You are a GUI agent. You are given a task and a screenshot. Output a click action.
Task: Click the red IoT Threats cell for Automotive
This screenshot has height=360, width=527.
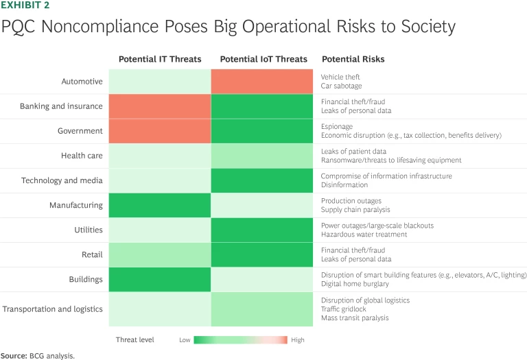[x=263, y=82]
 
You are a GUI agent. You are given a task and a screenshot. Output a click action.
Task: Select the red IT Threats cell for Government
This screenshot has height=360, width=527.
[x=160, y=131]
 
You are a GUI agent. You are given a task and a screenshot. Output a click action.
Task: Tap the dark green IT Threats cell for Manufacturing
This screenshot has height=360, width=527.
[x=160, y=205]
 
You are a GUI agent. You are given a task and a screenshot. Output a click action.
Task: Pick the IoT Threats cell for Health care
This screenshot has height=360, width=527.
[x=263, y=156]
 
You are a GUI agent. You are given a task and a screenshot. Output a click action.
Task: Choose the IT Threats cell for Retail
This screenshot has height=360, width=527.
[x=160, y=254]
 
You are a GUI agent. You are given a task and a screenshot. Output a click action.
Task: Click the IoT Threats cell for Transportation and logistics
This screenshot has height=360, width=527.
[x=263, y=309]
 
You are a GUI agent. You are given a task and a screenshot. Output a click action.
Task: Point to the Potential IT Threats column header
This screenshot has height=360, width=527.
[x=160, y=59]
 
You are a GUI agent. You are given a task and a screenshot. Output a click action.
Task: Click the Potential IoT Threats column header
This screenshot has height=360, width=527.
[x=263, y=59]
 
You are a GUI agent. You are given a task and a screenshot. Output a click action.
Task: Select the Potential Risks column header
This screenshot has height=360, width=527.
[x=353, y=59]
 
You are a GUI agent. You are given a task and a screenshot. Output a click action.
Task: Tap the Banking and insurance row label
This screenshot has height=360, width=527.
[x=61, y=106]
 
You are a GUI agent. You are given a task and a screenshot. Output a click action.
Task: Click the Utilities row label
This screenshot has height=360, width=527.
[x=89, y=230]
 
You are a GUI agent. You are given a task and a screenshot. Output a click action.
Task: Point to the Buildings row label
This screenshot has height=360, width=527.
[x=86, y=279]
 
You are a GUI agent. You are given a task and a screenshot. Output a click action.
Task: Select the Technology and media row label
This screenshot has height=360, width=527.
[x=62, y=180]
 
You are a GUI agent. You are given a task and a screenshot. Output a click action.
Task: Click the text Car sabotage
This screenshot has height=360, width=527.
[x=341, y=86]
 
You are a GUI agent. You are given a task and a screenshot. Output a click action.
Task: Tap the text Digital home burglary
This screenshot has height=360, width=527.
[x=355, y=283]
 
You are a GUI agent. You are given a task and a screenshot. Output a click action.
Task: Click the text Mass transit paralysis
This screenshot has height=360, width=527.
[x=355, y=317]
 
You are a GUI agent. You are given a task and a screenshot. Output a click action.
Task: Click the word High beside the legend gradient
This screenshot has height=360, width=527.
[x=297, y=340]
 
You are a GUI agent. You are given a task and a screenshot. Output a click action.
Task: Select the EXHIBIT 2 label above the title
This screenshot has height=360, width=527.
[x=25, y=5]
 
